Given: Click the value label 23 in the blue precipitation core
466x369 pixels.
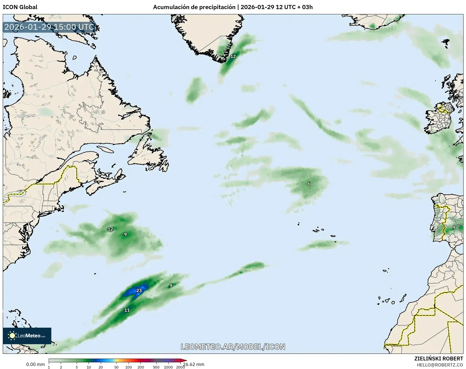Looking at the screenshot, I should tap(139, 290).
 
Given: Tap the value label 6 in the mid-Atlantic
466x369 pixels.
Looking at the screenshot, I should tap(309, 184).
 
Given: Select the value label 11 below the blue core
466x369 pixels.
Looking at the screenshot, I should tap(127, 310).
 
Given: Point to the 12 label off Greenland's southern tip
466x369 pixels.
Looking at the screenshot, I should tap(233, 56).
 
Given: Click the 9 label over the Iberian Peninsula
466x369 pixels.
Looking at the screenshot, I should tap(454, 227).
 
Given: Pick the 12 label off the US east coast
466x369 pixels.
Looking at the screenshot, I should tap(110, 229).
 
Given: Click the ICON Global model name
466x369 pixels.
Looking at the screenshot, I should tap(20, 7).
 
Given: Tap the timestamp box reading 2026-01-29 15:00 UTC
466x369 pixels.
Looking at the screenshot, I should tap(49, 27).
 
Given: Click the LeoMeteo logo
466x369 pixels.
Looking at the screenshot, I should tap(27, 336).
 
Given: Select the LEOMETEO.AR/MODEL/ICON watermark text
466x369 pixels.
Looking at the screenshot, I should tap(233, 347).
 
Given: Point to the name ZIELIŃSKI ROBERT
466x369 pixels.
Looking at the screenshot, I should tap(439, 359).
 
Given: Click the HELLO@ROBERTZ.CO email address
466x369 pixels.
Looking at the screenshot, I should tap(440, 365).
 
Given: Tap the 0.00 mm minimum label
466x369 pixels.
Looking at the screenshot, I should tap(35, 364).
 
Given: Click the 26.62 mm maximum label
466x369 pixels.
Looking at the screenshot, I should tap(194, 364).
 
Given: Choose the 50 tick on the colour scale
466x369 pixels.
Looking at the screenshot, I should tap(116, 367).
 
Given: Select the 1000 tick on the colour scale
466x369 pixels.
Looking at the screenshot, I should tap(168, 367).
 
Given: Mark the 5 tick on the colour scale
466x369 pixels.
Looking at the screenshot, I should tap(77, 367).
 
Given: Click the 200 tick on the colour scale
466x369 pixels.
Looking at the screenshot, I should tap(141, 367).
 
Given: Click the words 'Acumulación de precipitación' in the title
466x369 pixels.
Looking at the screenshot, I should tap(194, 7).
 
